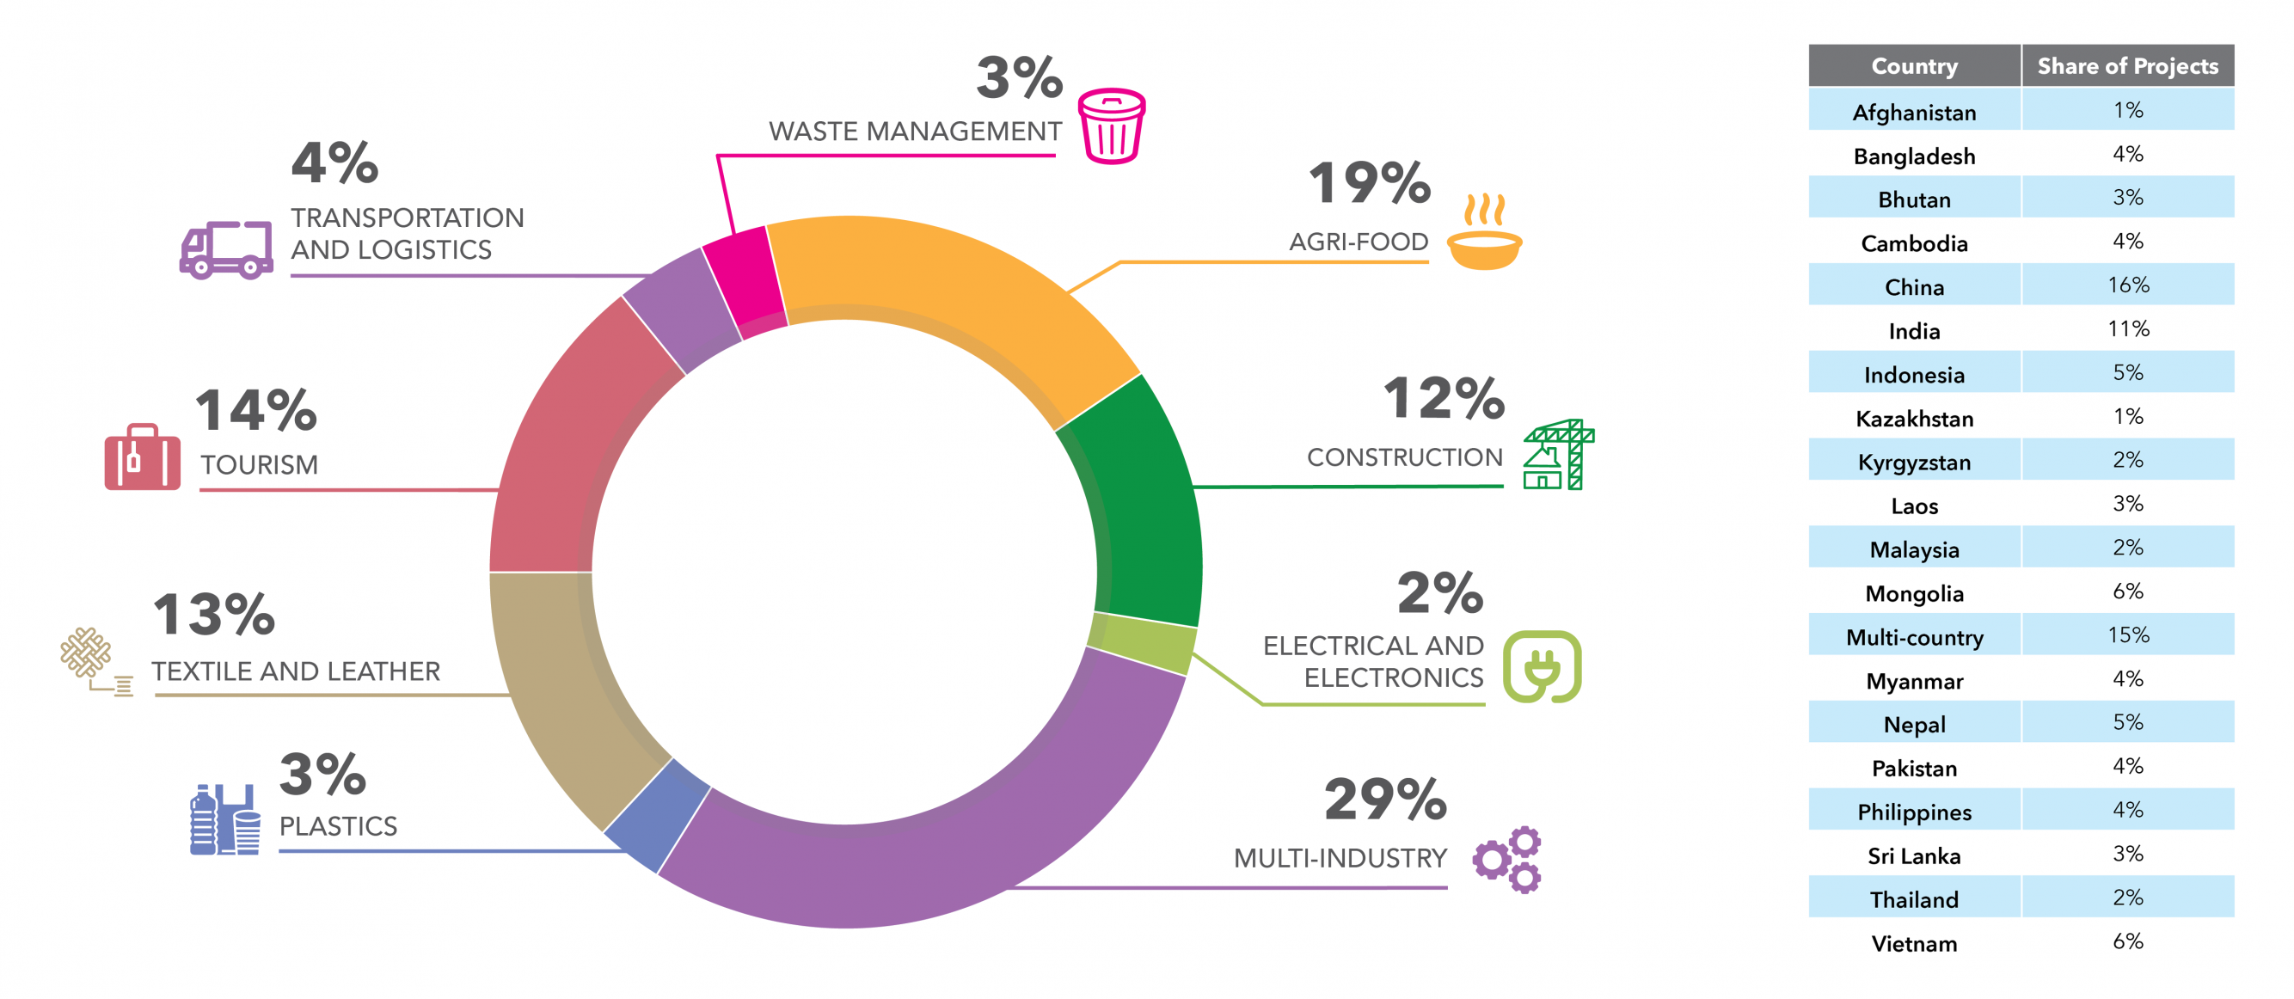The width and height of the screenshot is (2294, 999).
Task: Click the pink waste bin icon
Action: (1112, 126)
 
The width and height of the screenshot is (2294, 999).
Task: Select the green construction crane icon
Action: (1558, 455)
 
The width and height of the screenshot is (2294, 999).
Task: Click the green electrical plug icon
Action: (1542, 667)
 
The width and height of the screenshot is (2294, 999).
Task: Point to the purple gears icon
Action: (1507, 859)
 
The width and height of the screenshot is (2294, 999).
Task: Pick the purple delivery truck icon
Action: (226, 250)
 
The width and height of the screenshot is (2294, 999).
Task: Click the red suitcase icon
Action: (143, 457)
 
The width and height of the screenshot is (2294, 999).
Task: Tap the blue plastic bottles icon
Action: (224, 820)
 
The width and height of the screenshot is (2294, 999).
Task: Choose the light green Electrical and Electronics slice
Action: (1143, 641)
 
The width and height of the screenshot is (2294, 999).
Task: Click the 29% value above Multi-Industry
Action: (1385, 800)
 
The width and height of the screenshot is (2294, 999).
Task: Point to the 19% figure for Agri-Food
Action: (1369, 183)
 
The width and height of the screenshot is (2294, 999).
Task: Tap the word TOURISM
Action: (259, 465)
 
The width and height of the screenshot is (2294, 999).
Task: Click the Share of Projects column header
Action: (2127, 66)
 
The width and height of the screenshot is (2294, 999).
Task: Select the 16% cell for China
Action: (2127, 285)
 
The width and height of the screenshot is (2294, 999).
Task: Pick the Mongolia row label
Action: (1914, 593)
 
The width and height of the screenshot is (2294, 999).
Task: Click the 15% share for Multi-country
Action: (2127, 634)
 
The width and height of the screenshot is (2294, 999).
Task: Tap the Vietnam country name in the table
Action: (1914, 943)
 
